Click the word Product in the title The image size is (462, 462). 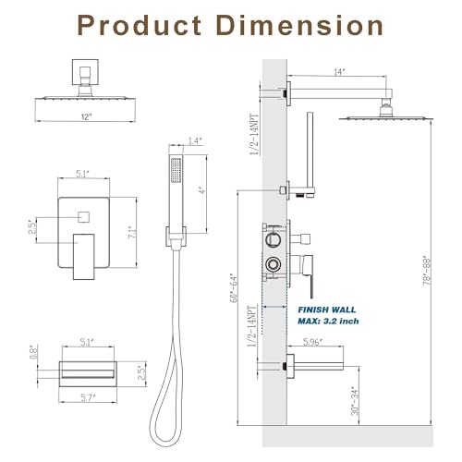pos(140,25)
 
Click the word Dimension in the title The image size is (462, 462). pos(300,25)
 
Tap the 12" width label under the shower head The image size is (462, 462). pos(87,117)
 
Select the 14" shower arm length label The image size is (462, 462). pos(339,72)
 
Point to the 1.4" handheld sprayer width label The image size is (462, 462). pos(195,141)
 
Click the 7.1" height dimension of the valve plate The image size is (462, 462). pos(132,232)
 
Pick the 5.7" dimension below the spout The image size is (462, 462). pos(87,398)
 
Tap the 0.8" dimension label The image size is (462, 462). pos(33,351)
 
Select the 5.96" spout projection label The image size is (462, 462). pos(312,342)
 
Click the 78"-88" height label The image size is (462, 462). pos(427,271)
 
